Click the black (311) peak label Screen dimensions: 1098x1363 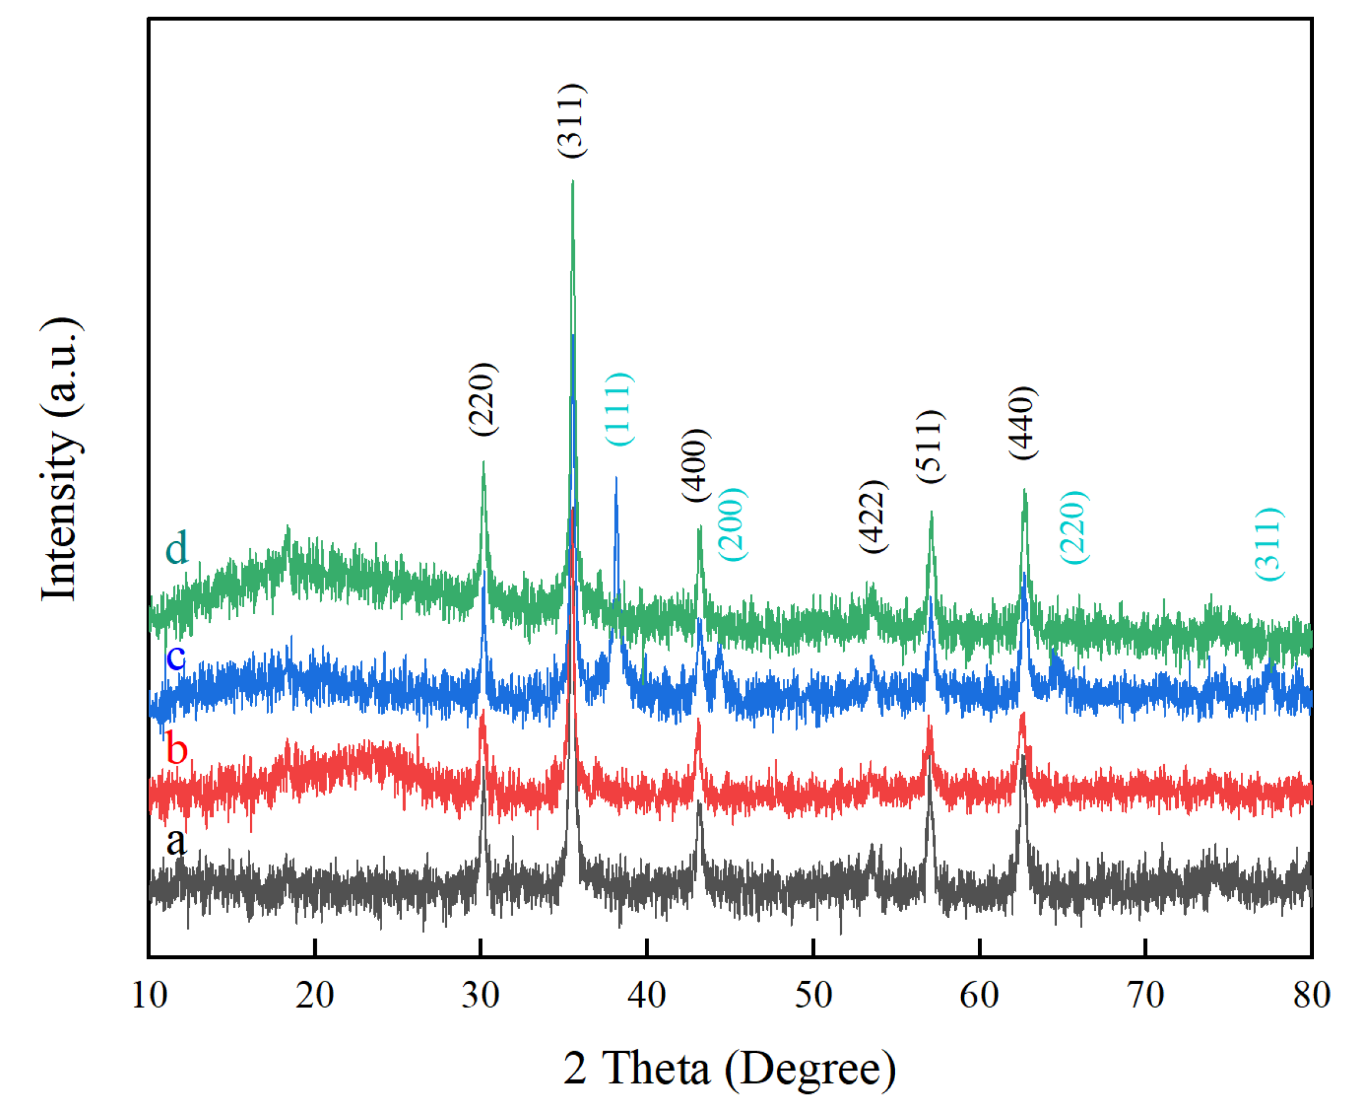click(573, 120)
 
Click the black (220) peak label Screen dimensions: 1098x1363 click(483, 399)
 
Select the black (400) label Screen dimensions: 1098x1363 click(697, 465)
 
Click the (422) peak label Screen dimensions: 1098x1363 click(874, 517)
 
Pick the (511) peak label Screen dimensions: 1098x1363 click(930, 447)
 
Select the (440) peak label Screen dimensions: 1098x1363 click(1023, 423)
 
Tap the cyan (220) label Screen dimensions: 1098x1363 click(1074, 527)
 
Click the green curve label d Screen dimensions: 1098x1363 click(177, 548)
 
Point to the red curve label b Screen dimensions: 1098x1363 click(177, 750)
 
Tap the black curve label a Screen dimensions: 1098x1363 click(177, 842)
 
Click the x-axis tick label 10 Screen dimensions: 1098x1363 click(149, 995)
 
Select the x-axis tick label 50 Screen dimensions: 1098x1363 click(813, 995)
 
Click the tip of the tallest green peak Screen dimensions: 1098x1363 click(573, 181)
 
